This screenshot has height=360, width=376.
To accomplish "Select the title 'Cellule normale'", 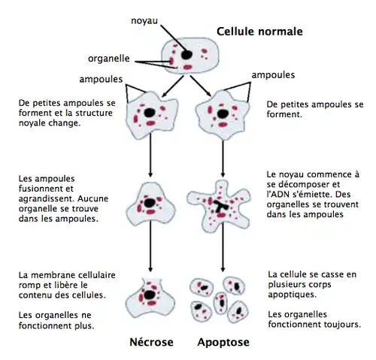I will [259, 32].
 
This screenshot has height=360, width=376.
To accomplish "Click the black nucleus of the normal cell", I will [185, 55].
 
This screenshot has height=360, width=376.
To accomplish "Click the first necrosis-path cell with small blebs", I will [151, 113].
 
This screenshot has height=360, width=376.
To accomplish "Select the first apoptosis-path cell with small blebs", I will [221, 113].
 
